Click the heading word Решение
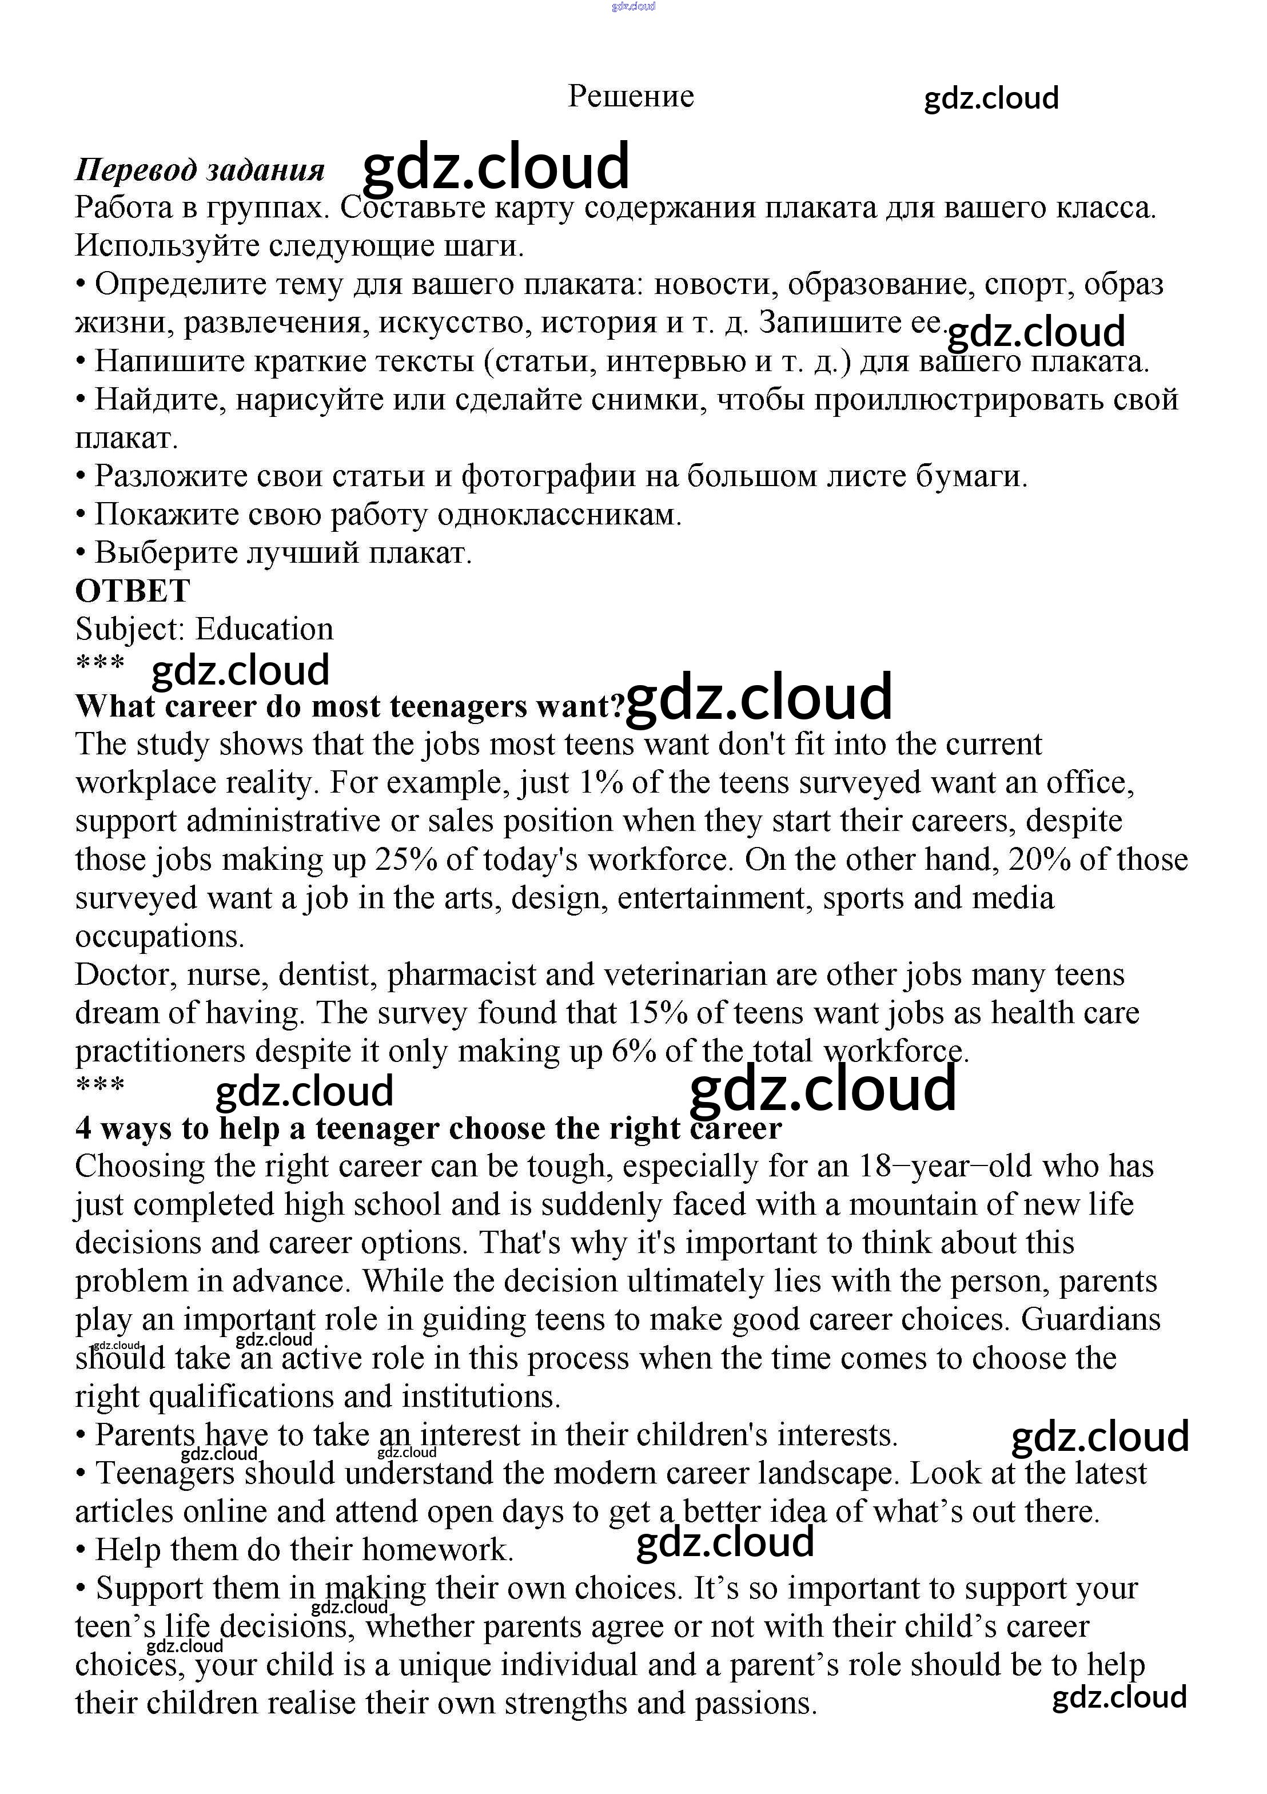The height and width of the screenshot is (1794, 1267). [631, 96]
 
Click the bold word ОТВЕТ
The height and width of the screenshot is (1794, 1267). [132, 591]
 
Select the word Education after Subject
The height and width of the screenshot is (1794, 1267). [264, 629]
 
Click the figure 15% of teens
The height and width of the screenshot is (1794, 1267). [658, 1013]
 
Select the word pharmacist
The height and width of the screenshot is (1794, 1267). [461, 974]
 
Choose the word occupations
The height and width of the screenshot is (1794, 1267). [160, 936]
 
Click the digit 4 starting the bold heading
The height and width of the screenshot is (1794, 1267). [83, 1128]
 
